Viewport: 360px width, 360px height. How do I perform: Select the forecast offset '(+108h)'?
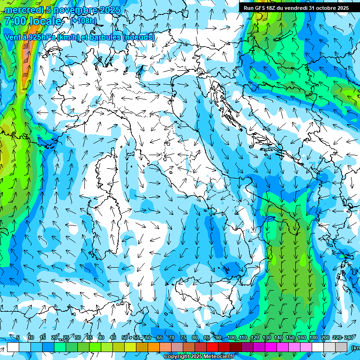point(83,21)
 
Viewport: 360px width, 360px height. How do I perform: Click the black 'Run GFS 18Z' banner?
point(299,8)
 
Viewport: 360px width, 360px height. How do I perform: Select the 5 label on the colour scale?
point(18,338)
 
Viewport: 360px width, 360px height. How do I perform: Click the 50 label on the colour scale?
point(124,338)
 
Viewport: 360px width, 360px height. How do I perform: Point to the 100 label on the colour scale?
point(232,338)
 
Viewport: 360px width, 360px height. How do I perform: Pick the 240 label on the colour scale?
point(349,338)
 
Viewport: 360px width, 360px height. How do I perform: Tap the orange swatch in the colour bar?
point(154,347)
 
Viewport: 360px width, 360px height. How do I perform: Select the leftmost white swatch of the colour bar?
point(13,347)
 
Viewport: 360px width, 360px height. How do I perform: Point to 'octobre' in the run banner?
point(328,8)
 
